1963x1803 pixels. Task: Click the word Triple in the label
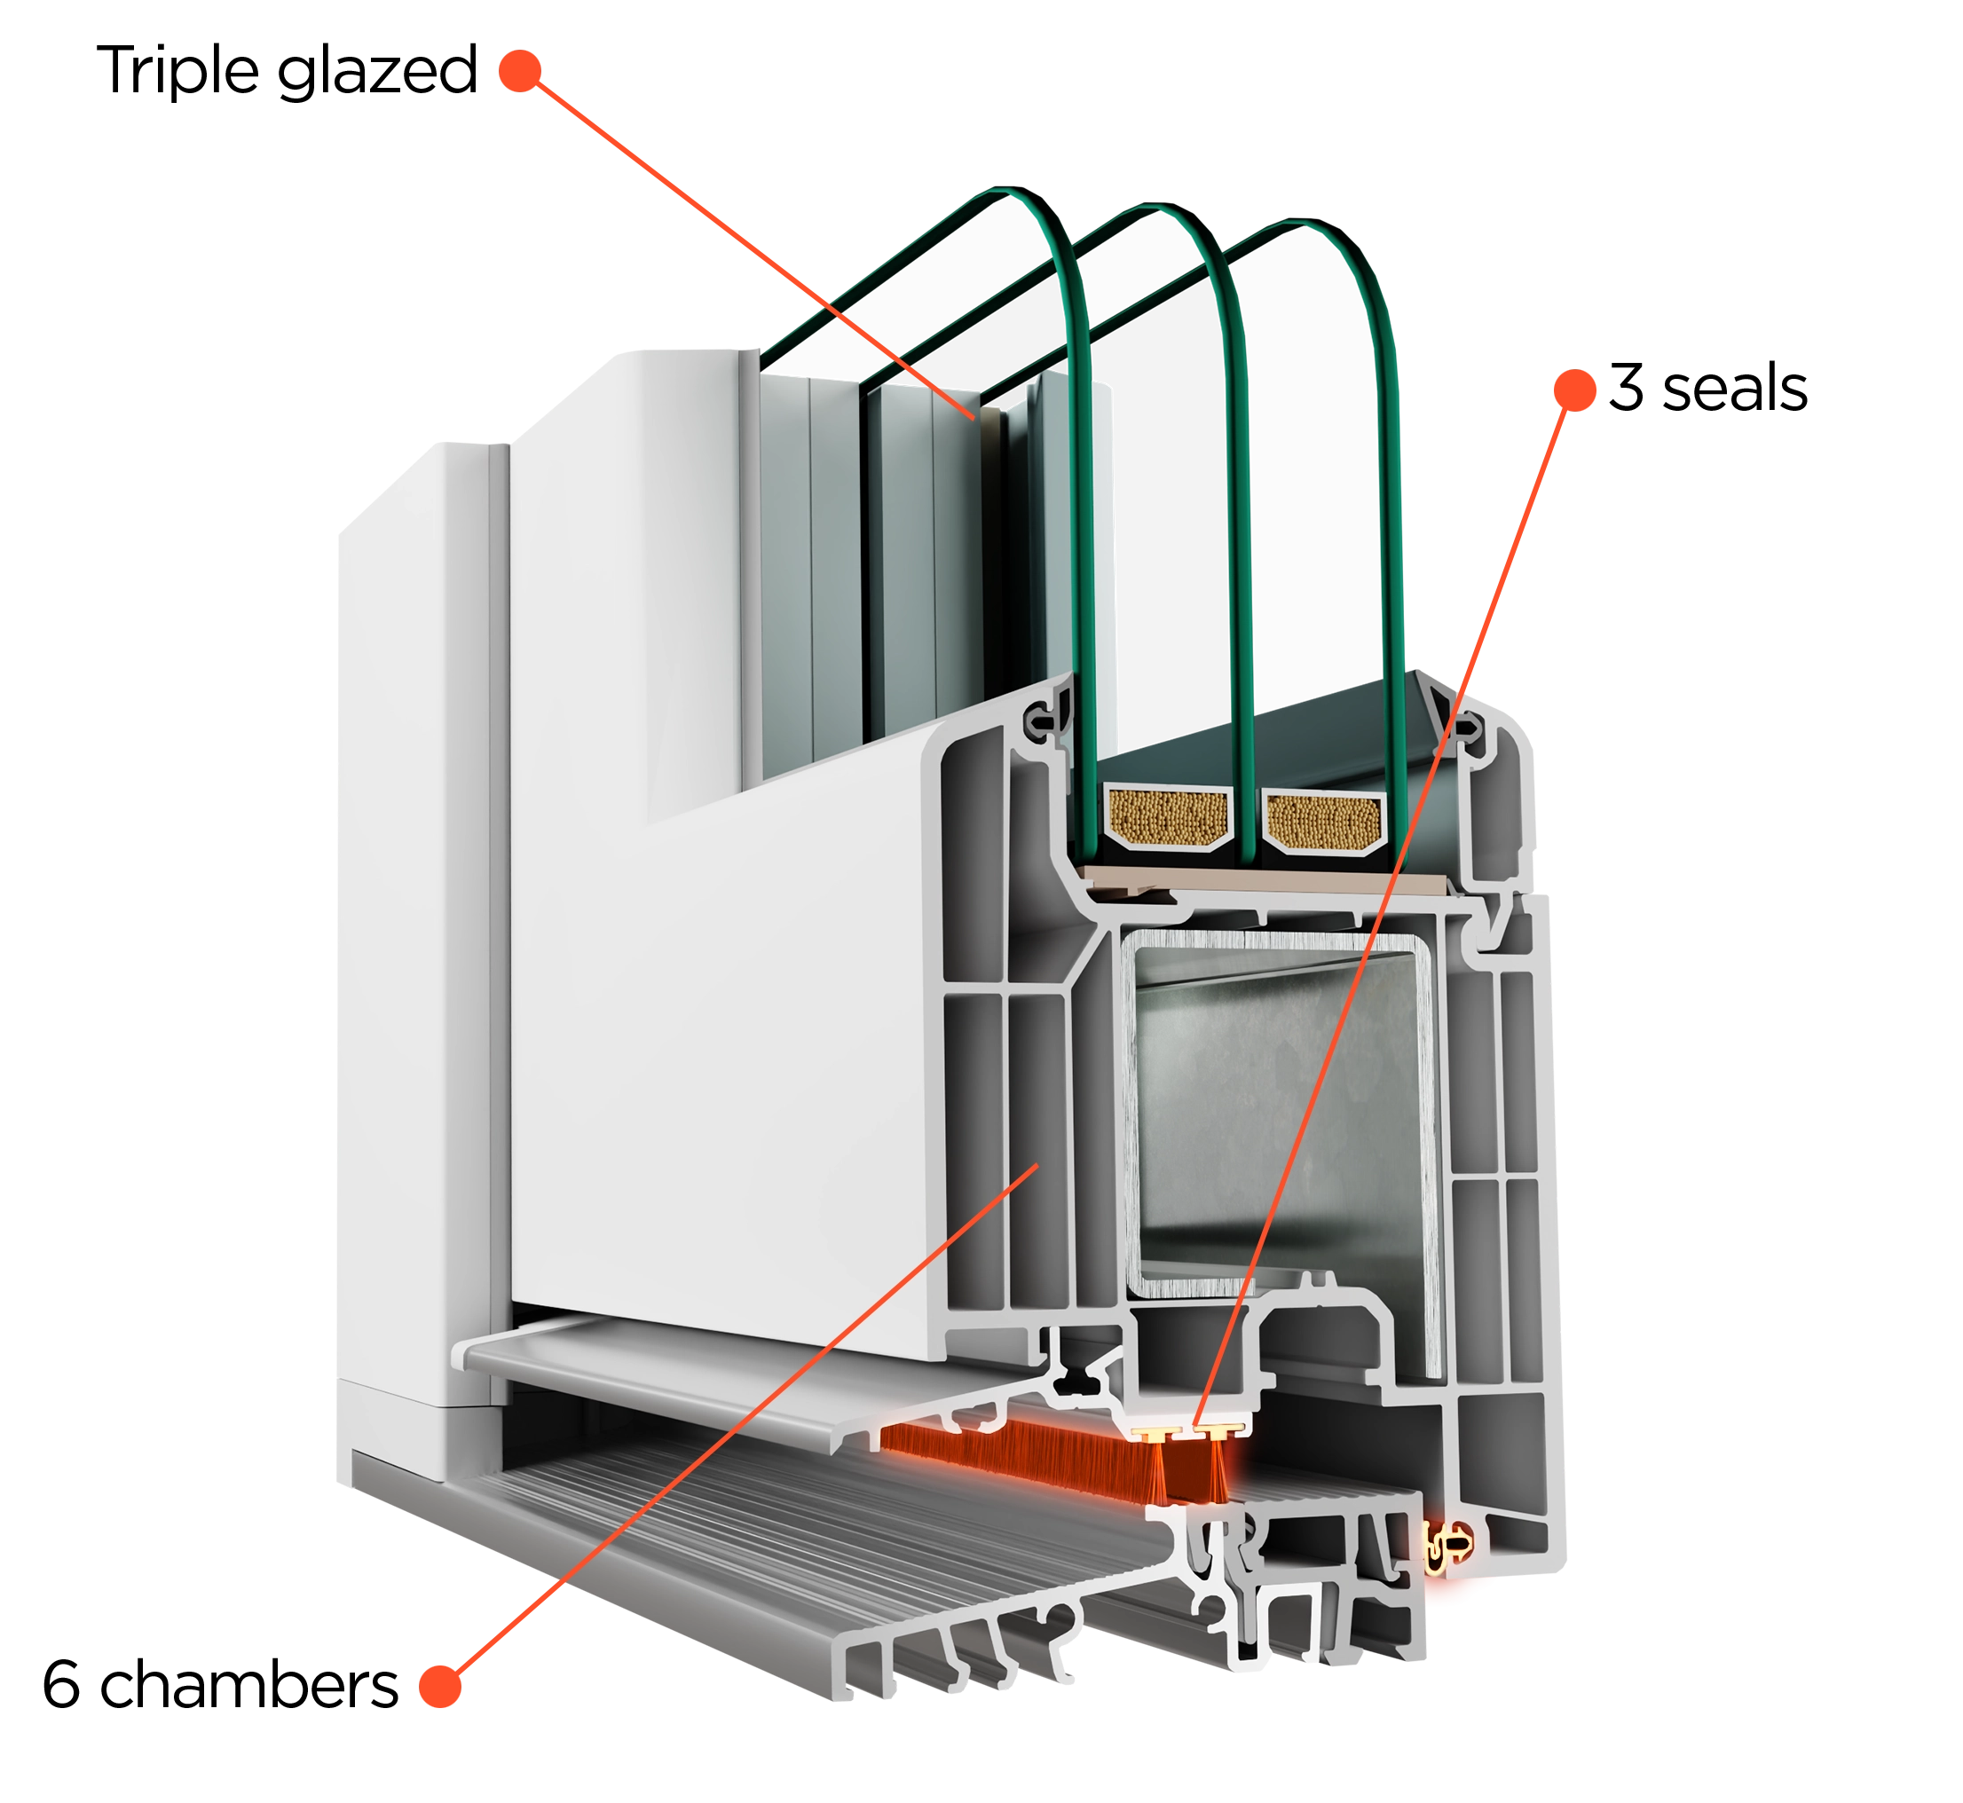tap(177, 70)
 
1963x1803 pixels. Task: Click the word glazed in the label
tap(377, 70)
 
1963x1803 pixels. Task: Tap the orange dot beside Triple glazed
tap(520, 70)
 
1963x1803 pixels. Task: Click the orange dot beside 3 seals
tap(1573, 390)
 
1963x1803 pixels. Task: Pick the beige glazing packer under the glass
tap(1268, 884)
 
